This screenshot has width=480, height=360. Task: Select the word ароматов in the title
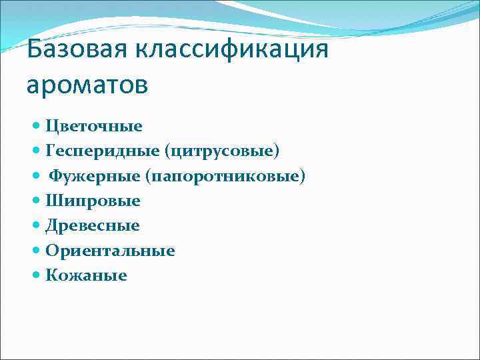point(88,85)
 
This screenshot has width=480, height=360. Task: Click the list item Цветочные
point(93,126)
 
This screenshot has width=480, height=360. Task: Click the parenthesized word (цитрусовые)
point(224,151)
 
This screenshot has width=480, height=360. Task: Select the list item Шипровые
point(93,201)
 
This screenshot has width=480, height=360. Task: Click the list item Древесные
point(93,226)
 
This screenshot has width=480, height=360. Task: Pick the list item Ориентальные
point(110,251)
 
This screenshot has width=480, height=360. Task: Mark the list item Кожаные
point(86,275)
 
